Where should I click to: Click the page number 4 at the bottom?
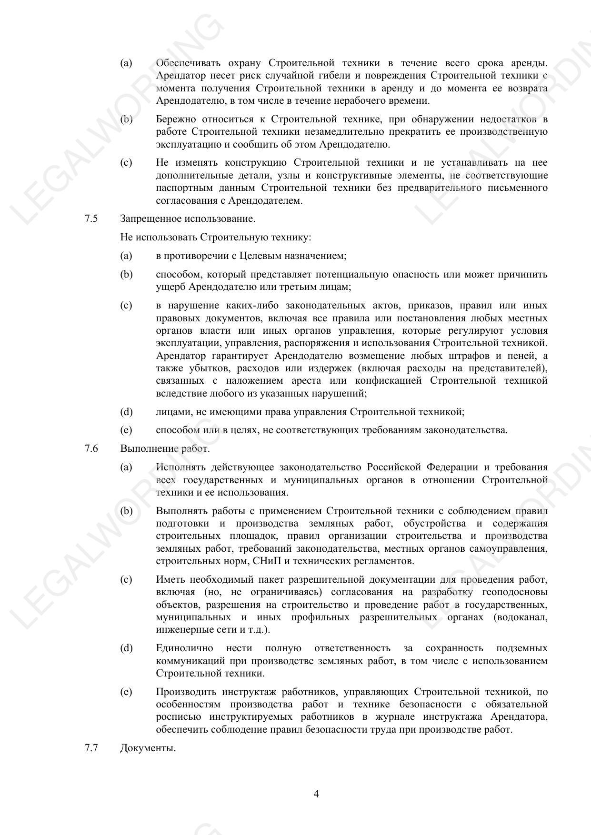pos(316,794)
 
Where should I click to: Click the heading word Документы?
pos(148,748)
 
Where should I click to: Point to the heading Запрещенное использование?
pos(188,219)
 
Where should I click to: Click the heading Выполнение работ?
pos(165,448)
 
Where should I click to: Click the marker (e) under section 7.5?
pos(126,430)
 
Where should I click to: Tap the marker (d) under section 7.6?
pos(126,648)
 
